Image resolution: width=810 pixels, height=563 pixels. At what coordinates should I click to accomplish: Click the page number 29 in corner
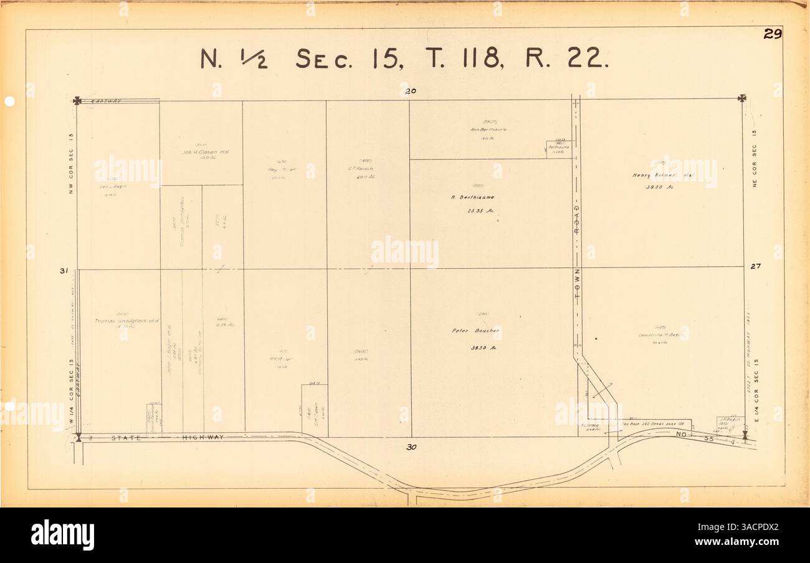(x=772, y=35)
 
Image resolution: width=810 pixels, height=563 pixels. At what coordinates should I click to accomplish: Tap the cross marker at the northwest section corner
(x=77, y=100)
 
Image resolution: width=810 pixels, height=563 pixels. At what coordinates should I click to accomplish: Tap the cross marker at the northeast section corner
(x=741, y=98)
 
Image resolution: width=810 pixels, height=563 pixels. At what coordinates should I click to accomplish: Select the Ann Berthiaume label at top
(x=488, y=129)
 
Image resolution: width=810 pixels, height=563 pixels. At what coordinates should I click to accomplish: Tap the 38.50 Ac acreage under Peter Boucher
(x=480, y=349)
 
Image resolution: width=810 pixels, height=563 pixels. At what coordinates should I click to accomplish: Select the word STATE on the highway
(x=126, y=438)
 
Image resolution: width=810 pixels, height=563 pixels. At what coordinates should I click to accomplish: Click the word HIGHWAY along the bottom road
(x=202, y=438)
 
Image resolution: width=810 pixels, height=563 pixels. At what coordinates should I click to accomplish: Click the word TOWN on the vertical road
(x=577, y=286)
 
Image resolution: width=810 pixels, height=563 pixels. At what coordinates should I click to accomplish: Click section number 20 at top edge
(x=410, y=92)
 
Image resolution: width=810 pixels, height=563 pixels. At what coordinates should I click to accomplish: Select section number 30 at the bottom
(x=411, y=446)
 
